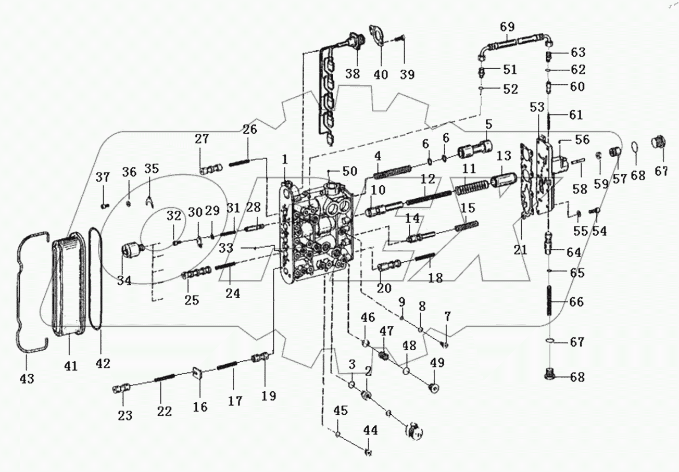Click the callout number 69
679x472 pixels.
click(x=507, y=26)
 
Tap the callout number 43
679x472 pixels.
click(x=27, y=379)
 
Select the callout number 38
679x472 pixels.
click(x=353, y=74)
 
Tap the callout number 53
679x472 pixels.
click(x=537, y=108)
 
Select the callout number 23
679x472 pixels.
click(x=125, y=415)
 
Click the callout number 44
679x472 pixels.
click(x=370, y=430)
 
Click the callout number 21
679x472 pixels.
click(x=520, y=250)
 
